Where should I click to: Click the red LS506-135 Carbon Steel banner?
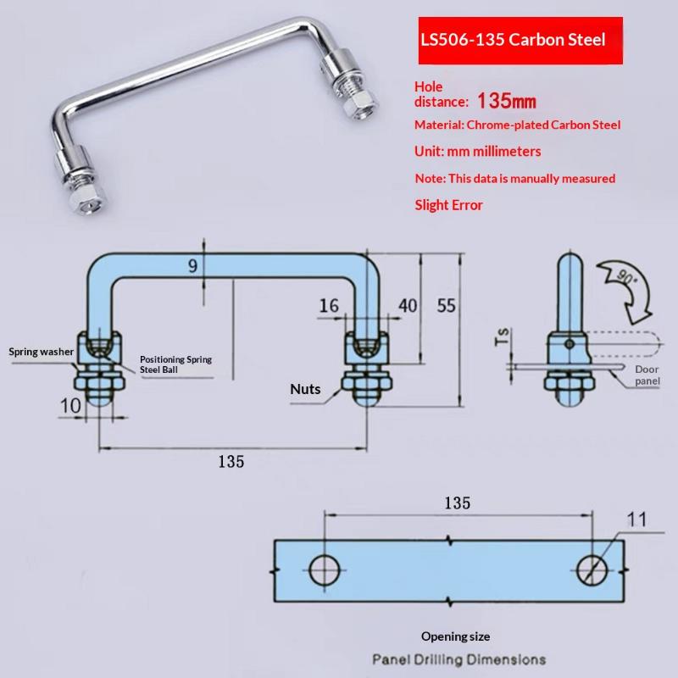tap(520, 41)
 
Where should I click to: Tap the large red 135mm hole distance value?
tap(506, 101)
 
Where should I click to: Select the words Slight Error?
tap(448, 205)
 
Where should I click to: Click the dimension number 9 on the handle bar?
tap(193, 265)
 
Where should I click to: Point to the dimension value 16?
tap(329, 306)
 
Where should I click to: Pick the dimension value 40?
tap(408, 306)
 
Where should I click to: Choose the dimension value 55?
tap(447, 306)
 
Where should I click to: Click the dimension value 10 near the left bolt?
tap(70, 406)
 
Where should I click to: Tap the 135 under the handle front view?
tap(231, 461)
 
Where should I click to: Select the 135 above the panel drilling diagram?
tap(457, 503)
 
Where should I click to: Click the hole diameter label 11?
tap(637, 520)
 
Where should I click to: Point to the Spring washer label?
tap(41, 352)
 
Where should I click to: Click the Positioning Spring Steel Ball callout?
tap(175, 364)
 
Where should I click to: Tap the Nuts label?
tap(305, 389)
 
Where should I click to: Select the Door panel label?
tap(647, 375)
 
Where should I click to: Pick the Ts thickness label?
tap(503, 336)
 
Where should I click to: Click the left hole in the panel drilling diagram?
tap(325, 570)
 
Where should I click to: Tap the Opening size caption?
tap(455, 636)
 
